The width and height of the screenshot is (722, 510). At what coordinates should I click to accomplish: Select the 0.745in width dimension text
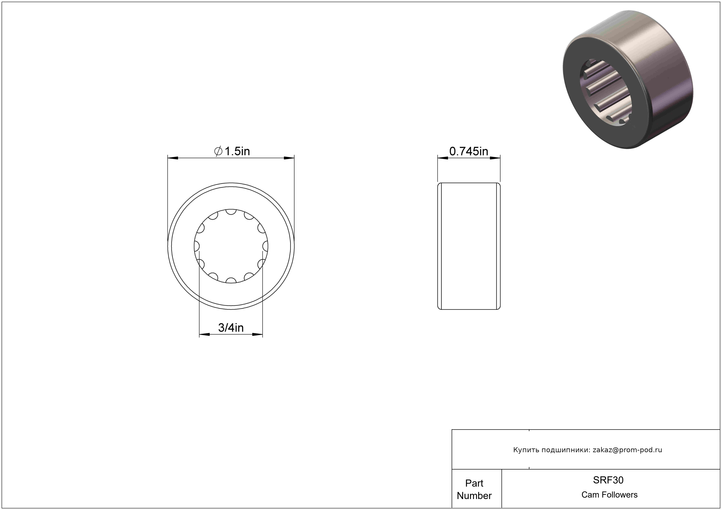click(x=468, y=151)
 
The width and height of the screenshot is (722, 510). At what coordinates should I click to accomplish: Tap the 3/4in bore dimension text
click(x=231, y=328)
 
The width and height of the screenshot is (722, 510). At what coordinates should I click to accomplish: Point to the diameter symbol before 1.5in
click(x=218, y=151)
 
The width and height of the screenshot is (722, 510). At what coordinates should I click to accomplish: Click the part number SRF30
click(x=608, y=480)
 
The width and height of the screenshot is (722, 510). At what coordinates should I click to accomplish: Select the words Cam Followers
click(x=609, y=495)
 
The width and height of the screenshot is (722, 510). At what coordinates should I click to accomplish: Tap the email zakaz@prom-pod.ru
click(x=627, y=450)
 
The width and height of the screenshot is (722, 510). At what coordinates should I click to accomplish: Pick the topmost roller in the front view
click(x=231, y=212)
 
